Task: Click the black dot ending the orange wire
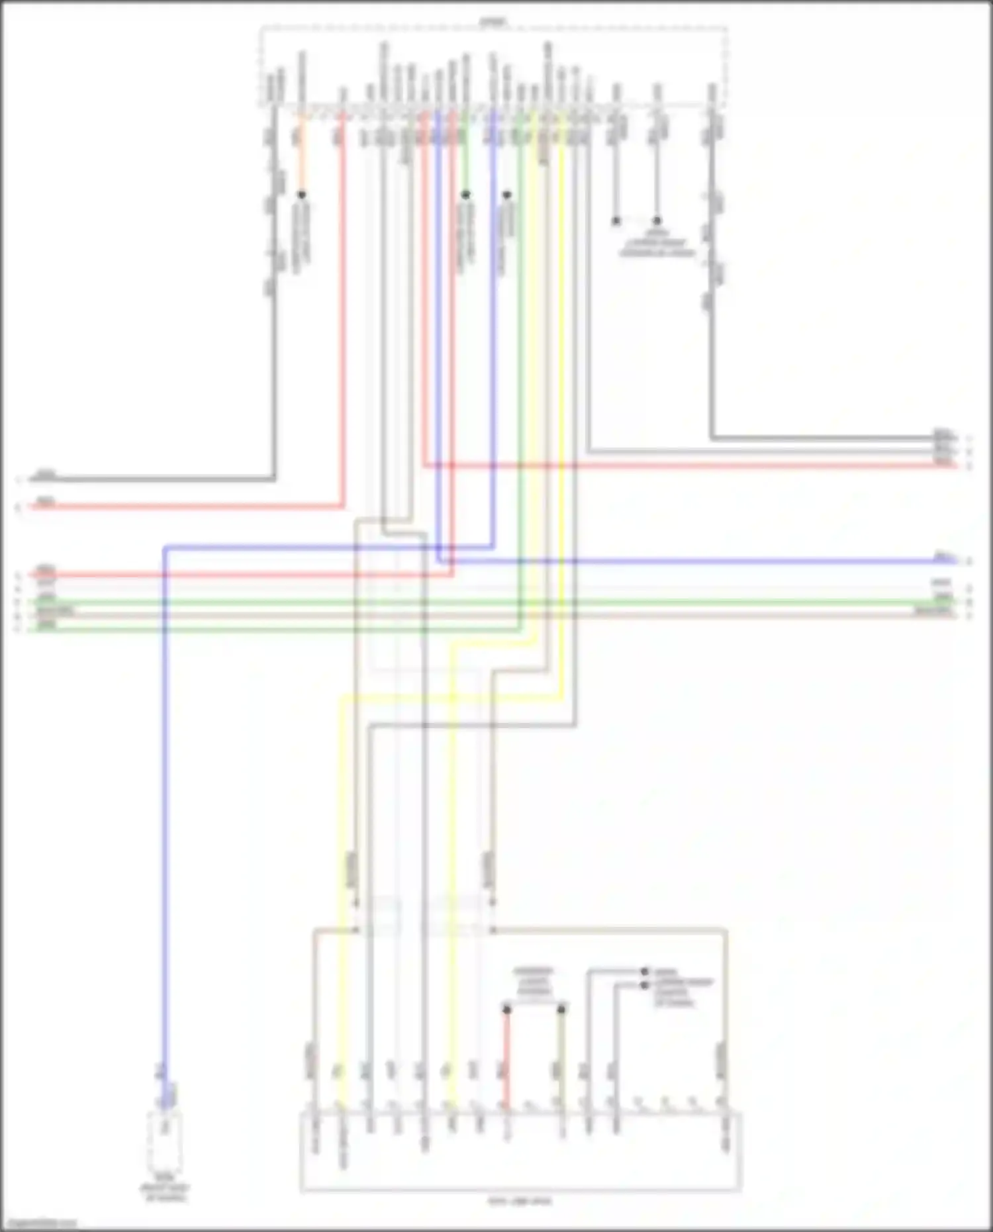click(301, 195)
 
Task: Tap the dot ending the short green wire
click(465, 195)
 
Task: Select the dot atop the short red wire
click(506, 1010)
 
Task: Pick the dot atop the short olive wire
click(561, 1010)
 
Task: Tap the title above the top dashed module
click(493, 22)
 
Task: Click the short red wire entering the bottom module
click(506, 1059)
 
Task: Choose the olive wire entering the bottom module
click(561, 1059)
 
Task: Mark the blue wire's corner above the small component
click(165, 548)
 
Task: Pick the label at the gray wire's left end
click(45, 474)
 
